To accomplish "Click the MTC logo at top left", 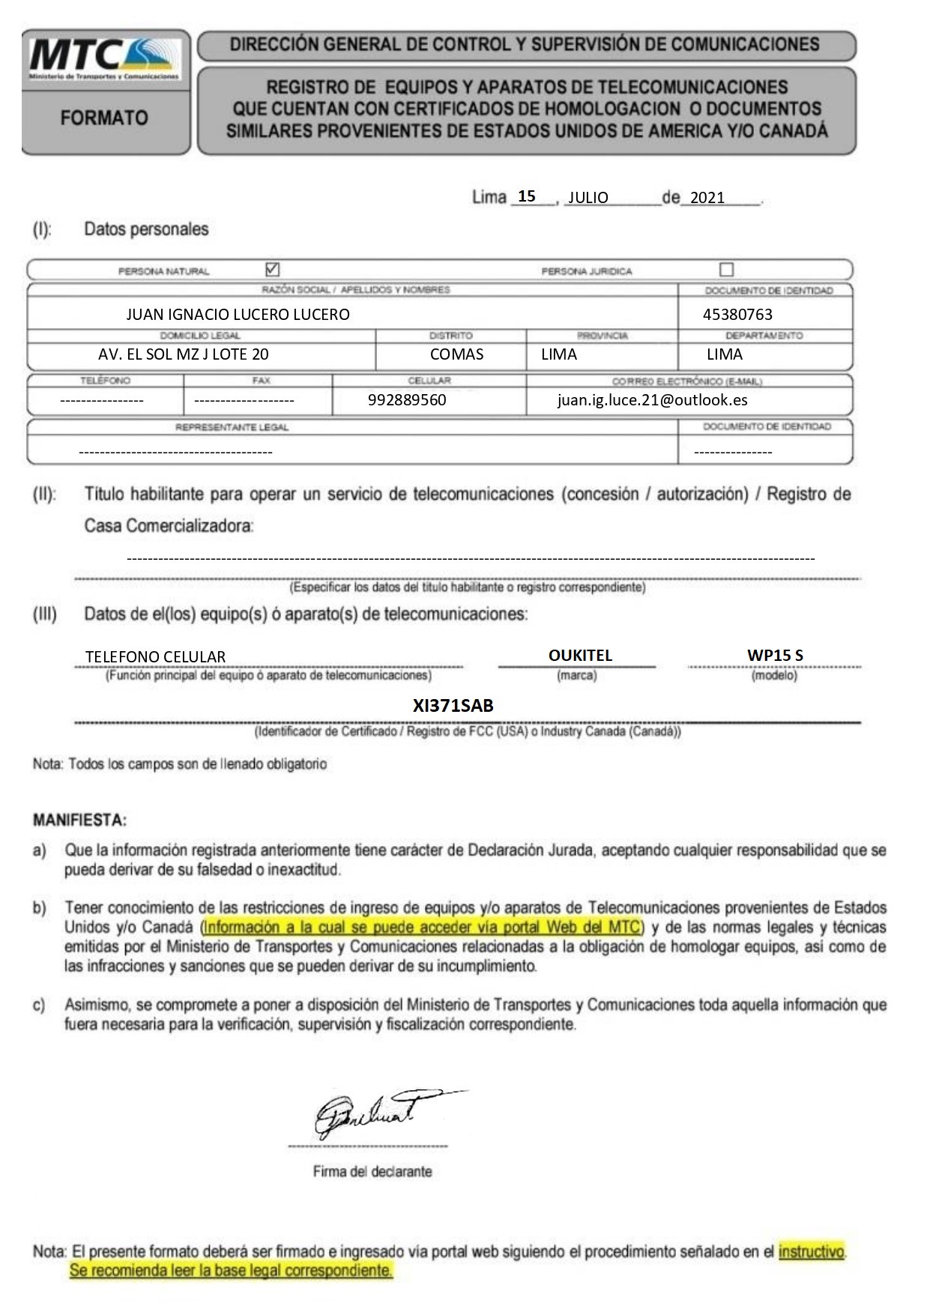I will [104, 59].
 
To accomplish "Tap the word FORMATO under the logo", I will [104, 118].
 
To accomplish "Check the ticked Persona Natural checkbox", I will [273, 269].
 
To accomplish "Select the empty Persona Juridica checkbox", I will [726, 269].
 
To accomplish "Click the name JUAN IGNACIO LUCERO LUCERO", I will [238, 315].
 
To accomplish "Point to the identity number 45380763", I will [737, 315].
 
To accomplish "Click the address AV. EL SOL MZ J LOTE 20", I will [183, 354].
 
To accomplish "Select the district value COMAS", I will [456, 354].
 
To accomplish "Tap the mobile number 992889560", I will [407, 400].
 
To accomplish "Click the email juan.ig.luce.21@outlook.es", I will [652, 400].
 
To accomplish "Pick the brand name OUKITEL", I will [580, 655].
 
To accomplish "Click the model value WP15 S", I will [775, 655].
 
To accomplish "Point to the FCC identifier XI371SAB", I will [453, 705].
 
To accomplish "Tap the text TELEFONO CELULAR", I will [155, 657].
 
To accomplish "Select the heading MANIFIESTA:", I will [79, 820].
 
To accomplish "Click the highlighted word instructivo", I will [812, 1251].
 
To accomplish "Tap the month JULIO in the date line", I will [588, 198].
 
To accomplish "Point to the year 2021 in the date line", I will [707, 198].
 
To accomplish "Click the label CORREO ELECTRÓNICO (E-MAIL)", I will [686, 381].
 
